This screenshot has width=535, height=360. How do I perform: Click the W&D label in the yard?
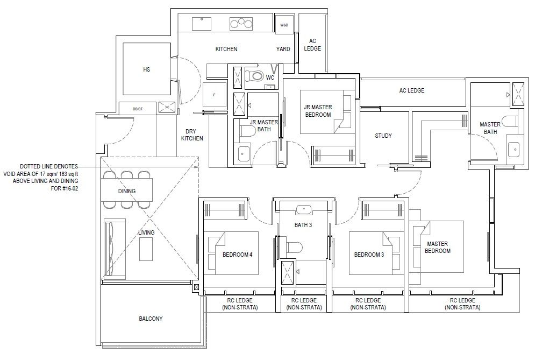(x=284, y=25)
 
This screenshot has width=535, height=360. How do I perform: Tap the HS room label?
(x=146, y=69)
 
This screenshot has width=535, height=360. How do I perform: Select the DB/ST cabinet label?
(x=138, y=109)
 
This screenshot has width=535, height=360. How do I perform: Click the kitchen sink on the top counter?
(x=201, y=24)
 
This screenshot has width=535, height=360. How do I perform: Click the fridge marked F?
(x=215, y=95)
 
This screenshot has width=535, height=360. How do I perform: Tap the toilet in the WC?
(x=253, y=75)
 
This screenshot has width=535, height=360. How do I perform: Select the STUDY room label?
(x=383, y=136)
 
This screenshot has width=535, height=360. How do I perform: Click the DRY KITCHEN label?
(x=192, y=135)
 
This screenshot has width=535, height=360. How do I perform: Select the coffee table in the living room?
(x=146, y=249)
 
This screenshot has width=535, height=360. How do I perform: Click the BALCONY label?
(x=151, y=319)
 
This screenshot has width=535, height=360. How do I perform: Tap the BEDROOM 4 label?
(x=238, y=255)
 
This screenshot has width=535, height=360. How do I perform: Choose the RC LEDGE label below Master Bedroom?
(x=462, y=303)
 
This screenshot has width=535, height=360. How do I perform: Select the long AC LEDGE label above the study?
(x=412, y=90)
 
